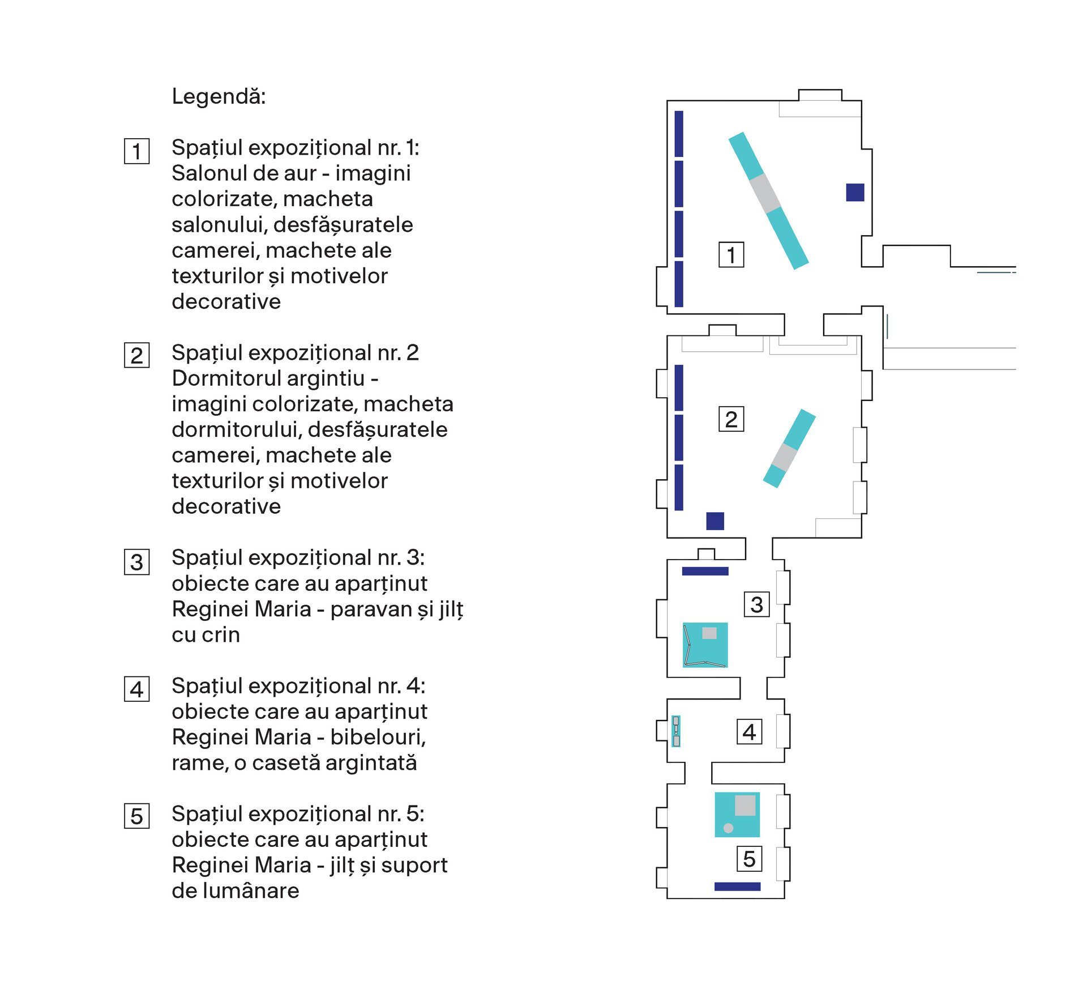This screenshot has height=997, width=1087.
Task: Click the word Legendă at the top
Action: pos(219,96)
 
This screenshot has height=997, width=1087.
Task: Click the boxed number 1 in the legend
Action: pos(136,151)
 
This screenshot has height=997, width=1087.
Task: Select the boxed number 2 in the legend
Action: pos(136,356)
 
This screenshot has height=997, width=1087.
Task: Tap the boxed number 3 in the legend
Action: pos(136,562)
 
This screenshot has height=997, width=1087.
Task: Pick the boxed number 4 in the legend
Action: pos(136,689)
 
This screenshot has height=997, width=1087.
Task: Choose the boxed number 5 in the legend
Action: pos(136,816)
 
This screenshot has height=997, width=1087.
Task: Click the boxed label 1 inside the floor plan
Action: pos(731,255)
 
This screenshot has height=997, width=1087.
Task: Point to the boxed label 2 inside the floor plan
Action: pos(731,419)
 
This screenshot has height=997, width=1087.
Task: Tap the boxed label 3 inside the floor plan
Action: pos(756,604)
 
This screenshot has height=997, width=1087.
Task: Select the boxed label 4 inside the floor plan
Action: pos(749,732)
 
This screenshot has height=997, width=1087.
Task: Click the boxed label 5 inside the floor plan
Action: pos(749,859)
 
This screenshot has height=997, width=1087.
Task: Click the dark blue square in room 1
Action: pos(855,193)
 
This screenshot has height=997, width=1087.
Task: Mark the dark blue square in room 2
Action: pos(715,521)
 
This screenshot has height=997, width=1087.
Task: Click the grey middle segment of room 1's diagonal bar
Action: pos(765,193)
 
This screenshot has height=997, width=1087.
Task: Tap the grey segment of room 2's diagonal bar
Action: pos(785,457)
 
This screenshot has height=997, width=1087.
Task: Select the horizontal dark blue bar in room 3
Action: pos(705,571)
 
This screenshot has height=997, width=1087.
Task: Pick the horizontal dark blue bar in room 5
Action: pos(737,887)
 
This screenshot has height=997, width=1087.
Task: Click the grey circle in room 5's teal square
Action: pos(729,828)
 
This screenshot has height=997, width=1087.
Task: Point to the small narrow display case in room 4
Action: pos(675,731)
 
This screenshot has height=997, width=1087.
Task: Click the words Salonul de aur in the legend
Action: pos(243,173)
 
